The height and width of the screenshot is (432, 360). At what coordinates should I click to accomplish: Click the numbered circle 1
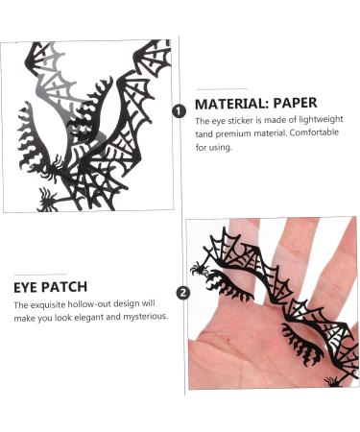(x=179, y=111)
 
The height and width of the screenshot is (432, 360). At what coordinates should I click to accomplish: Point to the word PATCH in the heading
(x=66, y=286)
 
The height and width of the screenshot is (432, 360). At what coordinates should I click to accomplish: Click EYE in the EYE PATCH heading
(x=27, y=286)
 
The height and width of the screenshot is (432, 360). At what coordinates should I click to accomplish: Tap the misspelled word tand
(x=204, y=134)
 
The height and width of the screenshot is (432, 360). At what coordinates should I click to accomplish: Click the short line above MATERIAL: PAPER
(x=222, y=88)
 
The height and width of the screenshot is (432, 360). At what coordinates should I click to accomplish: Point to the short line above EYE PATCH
(x=41, y=274)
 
